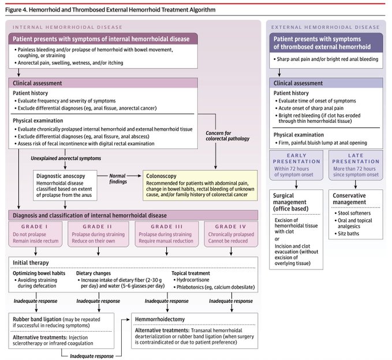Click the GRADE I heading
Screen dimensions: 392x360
pos(34,227)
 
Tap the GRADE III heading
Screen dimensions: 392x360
pos(167,227)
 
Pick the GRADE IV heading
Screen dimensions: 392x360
pos(230,227)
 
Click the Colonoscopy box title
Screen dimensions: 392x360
pos(161,176)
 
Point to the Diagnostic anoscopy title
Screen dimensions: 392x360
pos(61,176)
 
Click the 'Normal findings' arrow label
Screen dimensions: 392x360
pos(118,179)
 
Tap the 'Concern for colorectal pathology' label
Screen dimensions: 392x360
pos(227,136)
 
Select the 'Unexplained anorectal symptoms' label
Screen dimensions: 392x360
pos(66,159)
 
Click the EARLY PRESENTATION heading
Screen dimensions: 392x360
pos(297,159)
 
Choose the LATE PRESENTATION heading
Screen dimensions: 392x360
pos(356,159)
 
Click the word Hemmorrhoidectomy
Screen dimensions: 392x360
pos(160,319)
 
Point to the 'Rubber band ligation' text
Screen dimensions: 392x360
pos(37,319)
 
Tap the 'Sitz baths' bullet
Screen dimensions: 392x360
pos(347,234)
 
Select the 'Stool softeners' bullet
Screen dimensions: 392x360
pos(353,213)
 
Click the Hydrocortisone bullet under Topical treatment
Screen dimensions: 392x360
pos(191,280)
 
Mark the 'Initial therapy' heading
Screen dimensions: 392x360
pos(31,263)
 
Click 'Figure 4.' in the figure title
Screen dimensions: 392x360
pos(16,10)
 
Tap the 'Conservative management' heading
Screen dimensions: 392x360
pos(349,199)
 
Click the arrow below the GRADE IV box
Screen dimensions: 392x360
pos(231,252)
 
